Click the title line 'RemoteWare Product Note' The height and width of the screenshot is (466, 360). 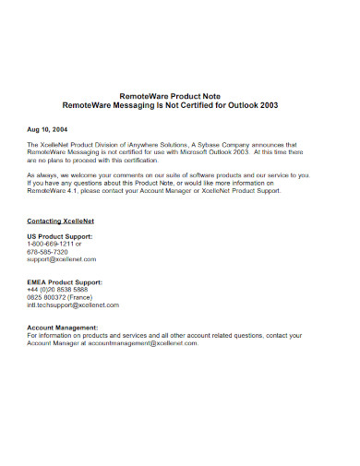(181, 95)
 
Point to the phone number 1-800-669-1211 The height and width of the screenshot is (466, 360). (55, 245)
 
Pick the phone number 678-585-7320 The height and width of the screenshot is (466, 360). (48, 252)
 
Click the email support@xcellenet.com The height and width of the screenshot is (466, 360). (67, 259)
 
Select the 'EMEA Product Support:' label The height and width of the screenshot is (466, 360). (65, 281)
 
